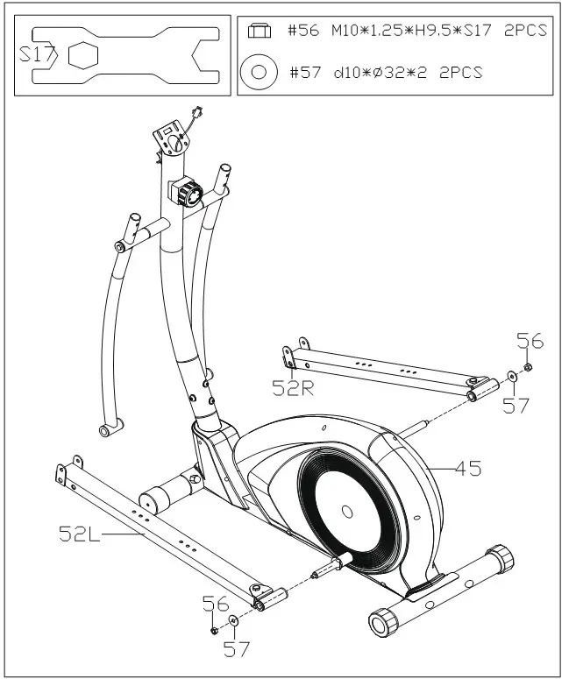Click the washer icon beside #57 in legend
(x=259, y=72)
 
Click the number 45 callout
(x=468, y=468)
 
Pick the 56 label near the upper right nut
(x=530, y=341)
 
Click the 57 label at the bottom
(x=236, y=649)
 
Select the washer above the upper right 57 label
(x=511, y=378)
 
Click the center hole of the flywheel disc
(x=345, y=511)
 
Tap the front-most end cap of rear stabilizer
(x=383, y=624)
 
